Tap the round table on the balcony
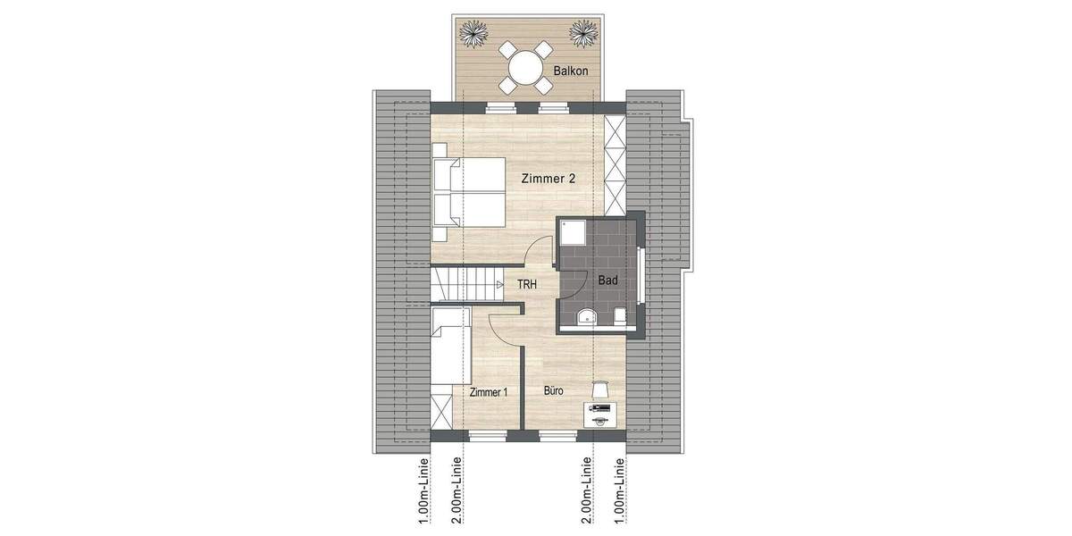(525, 67)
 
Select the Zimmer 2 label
(548, 179)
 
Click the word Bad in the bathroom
(608, 281)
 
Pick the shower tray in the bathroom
(573, 233)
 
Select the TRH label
(527, 285)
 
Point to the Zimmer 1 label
(488, 392)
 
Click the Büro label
(554, 390)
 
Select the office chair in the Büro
(599, 389)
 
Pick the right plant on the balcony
(583, 35)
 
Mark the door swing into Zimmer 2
(537, 253)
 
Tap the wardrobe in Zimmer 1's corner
(442, 410)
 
